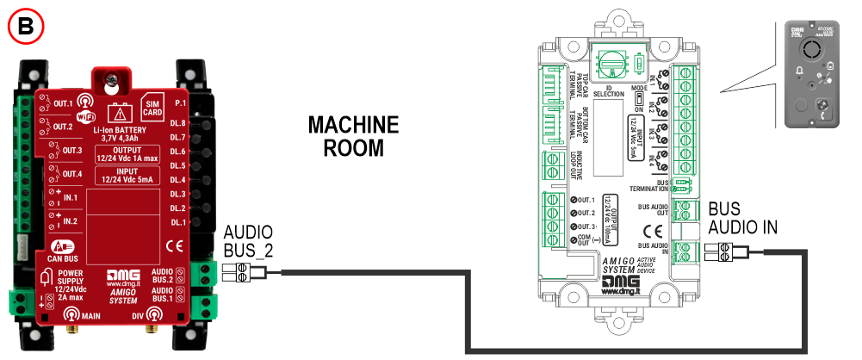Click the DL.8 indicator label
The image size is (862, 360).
click(178, 123)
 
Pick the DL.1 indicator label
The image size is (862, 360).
click(178, 222)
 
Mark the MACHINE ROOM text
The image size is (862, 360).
click(354, 136)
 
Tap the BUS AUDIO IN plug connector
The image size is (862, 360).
click(722, 251)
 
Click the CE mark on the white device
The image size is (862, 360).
click(653, 231)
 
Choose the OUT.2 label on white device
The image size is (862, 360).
click(587, 214)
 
